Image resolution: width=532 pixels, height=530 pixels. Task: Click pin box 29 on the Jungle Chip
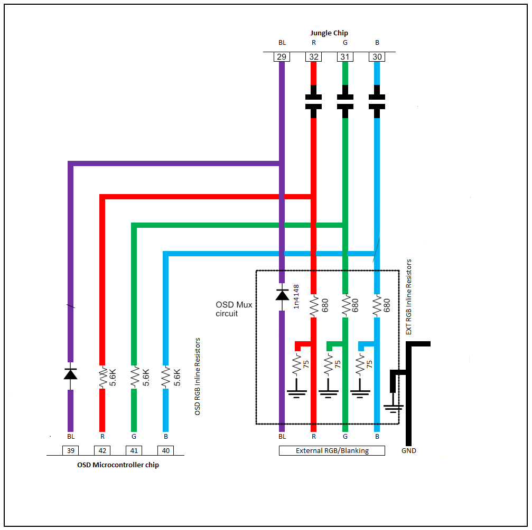282,56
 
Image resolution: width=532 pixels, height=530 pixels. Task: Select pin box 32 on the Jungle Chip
313,56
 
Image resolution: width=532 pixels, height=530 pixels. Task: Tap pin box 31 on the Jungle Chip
345,56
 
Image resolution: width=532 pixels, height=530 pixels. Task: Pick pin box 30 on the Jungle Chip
377,56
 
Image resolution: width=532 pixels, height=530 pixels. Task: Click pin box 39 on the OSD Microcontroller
70,450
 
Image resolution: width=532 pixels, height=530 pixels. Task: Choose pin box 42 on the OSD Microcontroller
102,450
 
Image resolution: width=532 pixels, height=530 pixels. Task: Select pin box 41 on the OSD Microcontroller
134,450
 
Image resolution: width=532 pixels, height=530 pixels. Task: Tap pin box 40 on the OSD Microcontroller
165,450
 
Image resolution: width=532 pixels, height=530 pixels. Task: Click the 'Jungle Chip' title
329,33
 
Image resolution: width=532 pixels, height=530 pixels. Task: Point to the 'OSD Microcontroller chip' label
117,465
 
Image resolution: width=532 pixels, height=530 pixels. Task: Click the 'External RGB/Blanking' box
332,450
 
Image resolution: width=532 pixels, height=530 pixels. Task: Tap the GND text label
408,451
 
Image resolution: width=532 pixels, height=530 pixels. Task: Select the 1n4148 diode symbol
282,294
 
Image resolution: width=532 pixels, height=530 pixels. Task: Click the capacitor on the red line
313,101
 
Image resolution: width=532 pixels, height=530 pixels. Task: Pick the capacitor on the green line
345,101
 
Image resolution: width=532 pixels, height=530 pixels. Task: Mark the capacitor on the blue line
377,101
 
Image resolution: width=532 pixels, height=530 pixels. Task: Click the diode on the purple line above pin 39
70,374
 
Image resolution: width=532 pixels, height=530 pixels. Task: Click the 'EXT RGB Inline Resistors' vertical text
408,297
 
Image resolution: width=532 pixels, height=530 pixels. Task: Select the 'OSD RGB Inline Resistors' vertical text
198,377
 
